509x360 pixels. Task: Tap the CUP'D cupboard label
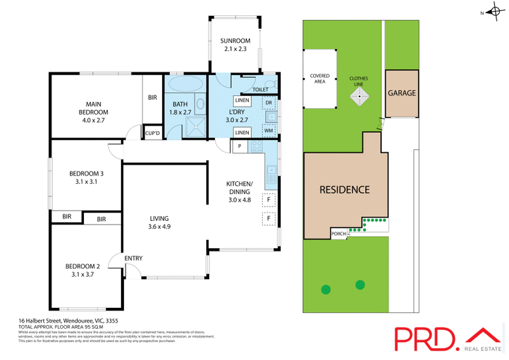coord(153,132)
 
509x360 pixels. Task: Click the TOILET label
coord(260,90)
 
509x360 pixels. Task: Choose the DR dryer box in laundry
coord(268,102)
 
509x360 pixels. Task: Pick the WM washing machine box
coord(268,130)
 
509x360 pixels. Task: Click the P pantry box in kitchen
coord(239,146)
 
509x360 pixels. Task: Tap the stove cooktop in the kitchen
coord(258,146)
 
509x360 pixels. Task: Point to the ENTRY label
coord(134,258)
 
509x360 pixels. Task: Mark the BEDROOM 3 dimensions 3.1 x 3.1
coord(87,181)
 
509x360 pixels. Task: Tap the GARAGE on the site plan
coord(402,93)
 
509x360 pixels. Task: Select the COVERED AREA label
coord(319,78)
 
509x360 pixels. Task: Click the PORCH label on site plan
coord(339,233)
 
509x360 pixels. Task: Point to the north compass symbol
coord(492,12)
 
